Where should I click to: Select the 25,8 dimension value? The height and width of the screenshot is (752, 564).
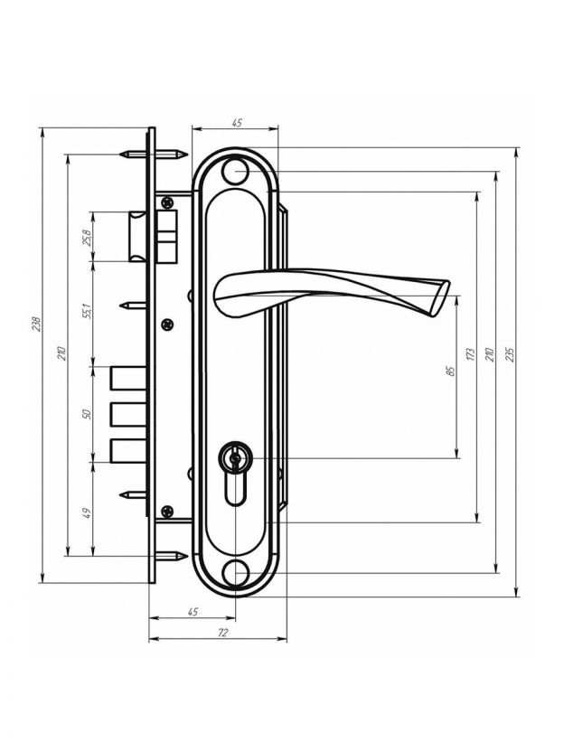point(87,237)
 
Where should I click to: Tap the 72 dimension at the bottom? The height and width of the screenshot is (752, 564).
point(222,632)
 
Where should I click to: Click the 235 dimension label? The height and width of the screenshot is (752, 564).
point(511,354)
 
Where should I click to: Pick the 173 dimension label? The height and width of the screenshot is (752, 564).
point(471,354)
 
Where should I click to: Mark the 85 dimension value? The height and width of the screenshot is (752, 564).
point(450,371)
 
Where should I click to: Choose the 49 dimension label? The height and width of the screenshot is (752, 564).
point(87,513)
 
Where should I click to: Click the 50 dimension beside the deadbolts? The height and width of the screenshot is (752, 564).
point(87,413)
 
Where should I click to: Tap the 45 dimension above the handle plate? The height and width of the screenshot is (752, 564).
point(236,123)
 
